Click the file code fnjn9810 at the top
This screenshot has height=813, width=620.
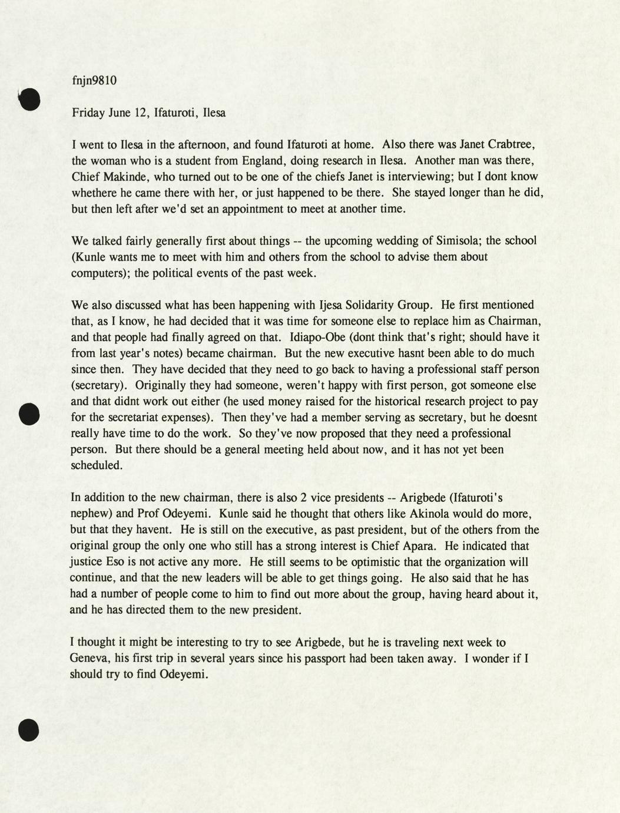pyautogui.click(x=94, y=81)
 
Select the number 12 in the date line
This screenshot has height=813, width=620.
pyautogui.click(x=142, y=113)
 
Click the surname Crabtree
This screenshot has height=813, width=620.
pyautogui.click(x=510, y=144)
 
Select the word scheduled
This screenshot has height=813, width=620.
pyautogui.click(x=97, y=465)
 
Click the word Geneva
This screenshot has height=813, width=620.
pyautogui.click(x=89, y=659)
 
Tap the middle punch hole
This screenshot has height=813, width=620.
pyautogui.click(x=29, y=414)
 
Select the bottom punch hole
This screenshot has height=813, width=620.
pyautogui.click(x=29, y=730)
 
